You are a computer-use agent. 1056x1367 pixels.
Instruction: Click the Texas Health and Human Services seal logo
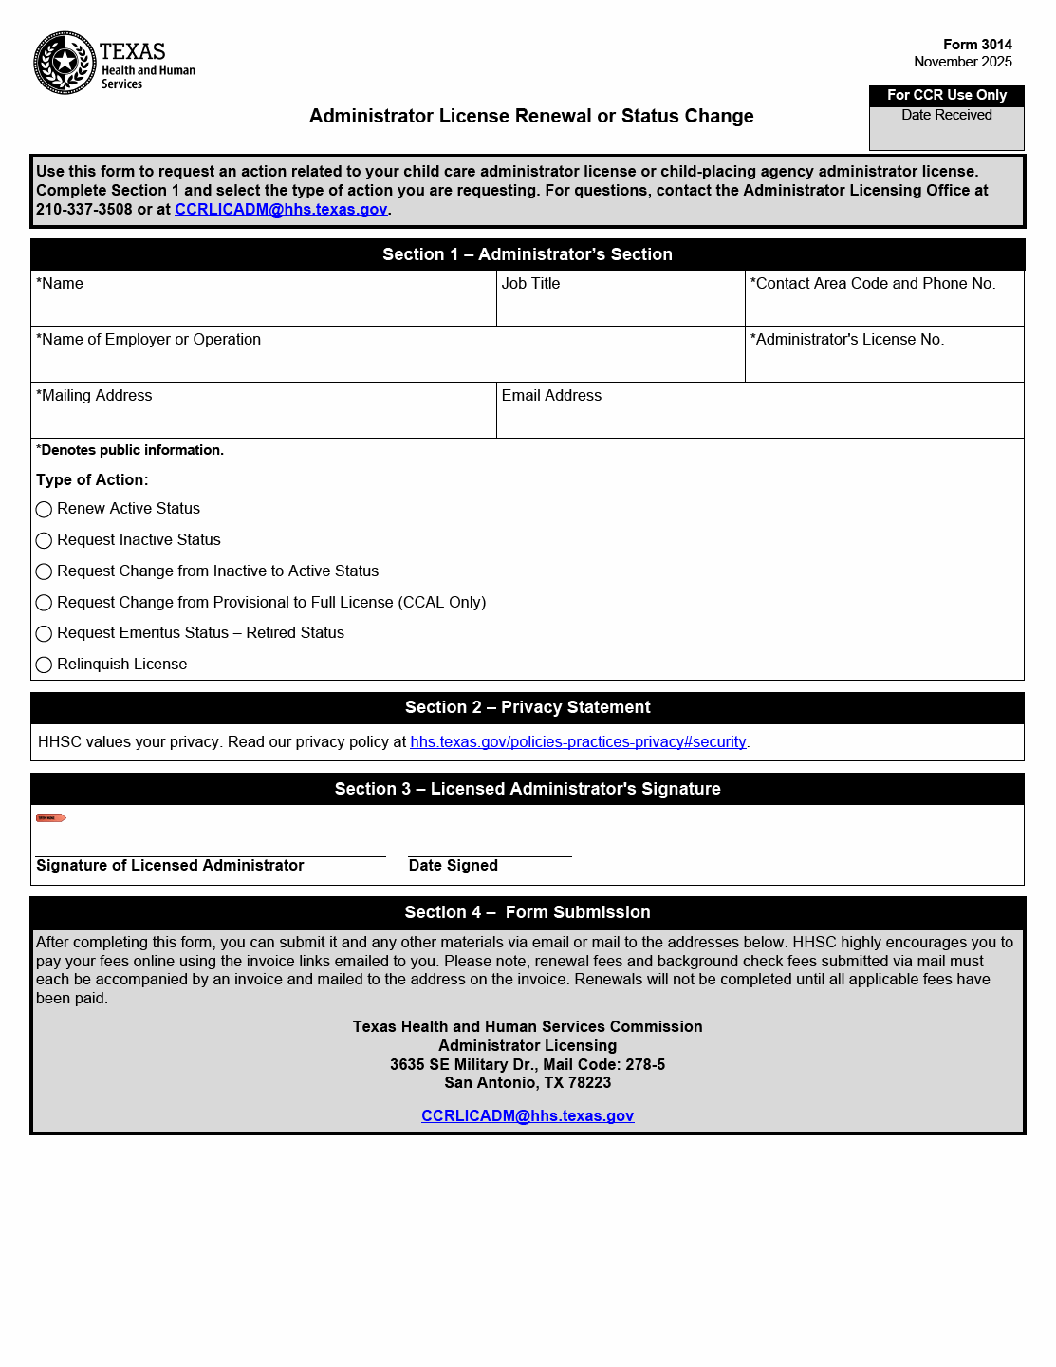pyautogui.click(x=65, y=63)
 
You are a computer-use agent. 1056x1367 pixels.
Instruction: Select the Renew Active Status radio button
pyautogui.click(x=44, y=510)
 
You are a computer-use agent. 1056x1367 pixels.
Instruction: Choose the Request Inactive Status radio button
pyautogui.click(x=44, y=541)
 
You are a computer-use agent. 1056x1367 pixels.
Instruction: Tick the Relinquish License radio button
pyautogui.click(x=44, y=665)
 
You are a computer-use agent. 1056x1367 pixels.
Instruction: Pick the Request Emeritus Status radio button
pyautogui.click(x=44, y=634)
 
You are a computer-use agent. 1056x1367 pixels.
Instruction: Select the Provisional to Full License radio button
pyautogui.click(x=44, y=603)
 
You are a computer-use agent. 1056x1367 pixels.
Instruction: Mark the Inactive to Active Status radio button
pyautogui.click(x=44, y=571)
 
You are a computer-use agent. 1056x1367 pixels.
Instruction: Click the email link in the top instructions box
pyautogui.click(x=281, y=210)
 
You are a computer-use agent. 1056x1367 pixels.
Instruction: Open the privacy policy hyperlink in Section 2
pyautogui.click(x=578, y=742)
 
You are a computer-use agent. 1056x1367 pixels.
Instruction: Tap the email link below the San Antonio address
pyautogui.click(x=528, y=1116)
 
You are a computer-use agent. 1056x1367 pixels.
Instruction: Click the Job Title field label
pyautogui.click(x=530, y=284)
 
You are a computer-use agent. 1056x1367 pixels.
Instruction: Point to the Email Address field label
pyautogui.click(x=551, y=396)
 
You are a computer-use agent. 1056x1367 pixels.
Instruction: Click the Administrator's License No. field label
pyautogui.click(x=847, y=340)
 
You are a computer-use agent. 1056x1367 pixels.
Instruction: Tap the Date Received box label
pyautogui.click(x=946, y=115)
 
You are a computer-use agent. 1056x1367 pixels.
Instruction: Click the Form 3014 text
pyautogui.click(x=977, y=45)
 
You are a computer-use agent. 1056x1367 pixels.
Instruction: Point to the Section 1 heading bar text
pyautogui.click(x=528, y=254)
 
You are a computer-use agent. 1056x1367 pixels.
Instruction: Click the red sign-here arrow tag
pyautogui.click(x=50, y=817)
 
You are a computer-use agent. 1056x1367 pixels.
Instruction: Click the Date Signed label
pyautogui.click(x=453, y=866)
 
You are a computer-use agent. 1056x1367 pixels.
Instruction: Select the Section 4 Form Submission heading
pyautogui.click(x=528, y=912)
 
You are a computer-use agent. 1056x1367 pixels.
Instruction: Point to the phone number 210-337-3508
pyautogui.click(x=83, y=210)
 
